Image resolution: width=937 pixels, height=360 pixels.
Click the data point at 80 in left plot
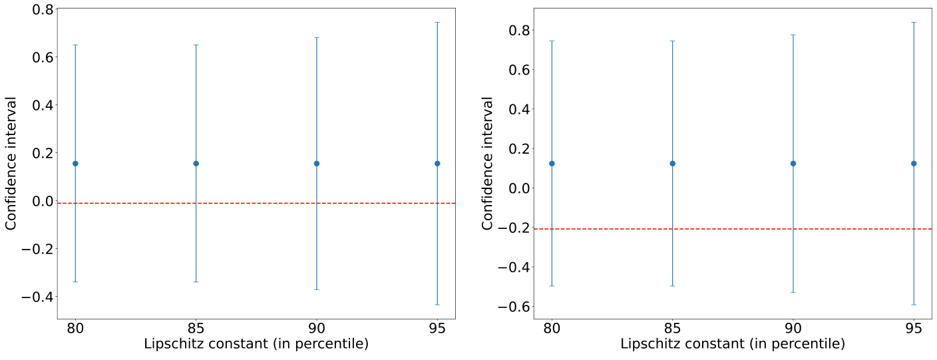point(75,163)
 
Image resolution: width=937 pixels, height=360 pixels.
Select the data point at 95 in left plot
point(437,163)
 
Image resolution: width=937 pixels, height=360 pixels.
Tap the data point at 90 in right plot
point(793,163)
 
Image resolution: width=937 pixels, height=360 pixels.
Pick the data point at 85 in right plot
point(672,163)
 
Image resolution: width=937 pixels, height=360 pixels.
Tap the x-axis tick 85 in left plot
point(196,328)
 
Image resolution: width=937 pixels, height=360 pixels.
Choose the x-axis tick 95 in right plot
point(914,328)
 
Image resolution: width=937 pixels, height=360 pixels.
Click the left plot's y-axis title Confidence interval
point(11,163)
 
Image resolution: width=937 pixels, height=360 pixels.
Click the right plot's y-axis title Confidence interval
point(488,163)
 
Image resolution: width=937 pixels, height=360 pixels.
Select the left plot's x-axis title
point(256,345)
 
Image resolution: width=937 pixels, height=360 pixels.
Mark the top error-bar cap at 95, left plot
point(437,22)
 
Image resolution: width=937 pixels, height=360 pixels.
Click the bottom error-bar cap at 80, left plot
point(75,281)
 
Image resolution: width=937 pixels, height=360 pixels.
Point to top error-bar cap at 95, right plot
point(914,22)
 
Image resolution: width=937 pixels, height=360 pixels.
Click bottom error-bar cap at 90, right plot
point(793,292)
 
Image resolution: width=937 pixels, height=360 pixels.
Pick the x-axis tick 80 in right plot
point(552,328)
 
